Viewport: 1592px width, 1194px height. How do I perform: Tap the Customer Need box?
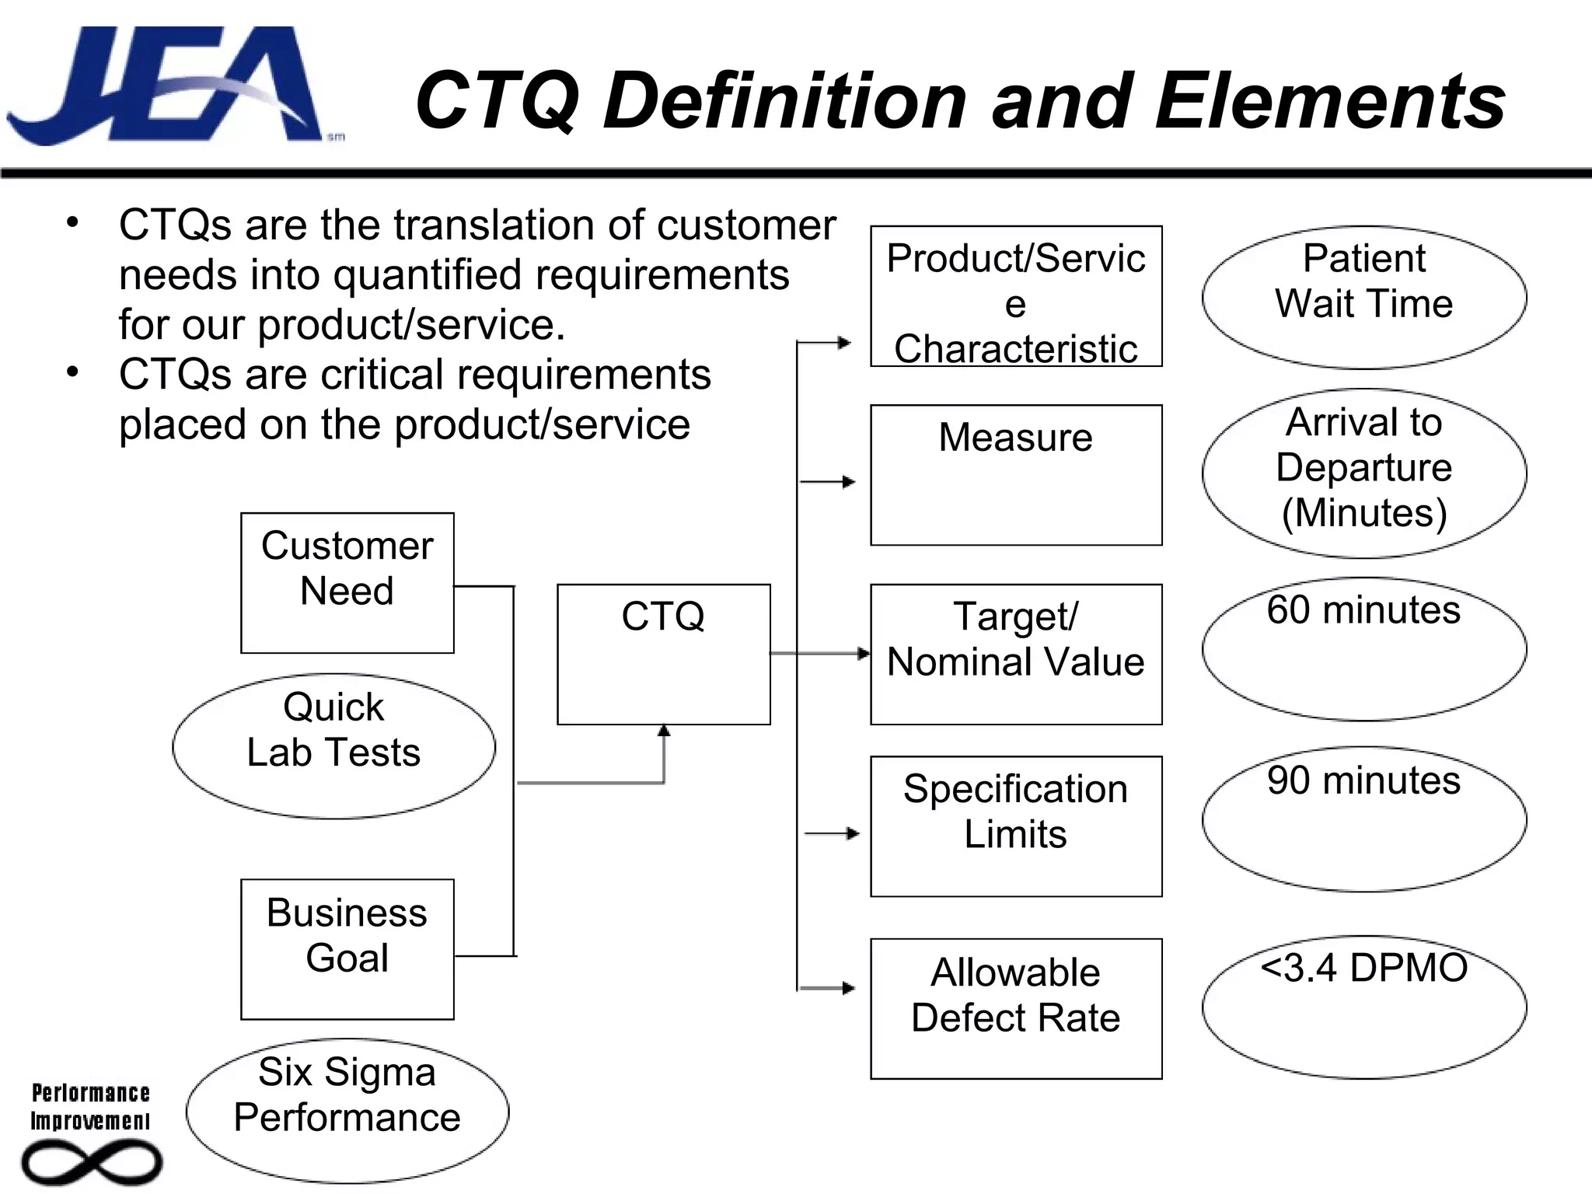tap(347, 582)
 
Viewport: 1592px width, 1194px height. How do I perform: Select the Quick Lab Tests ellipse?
tap(333, 745)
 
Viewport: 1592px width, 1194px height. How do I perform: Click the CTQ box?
tap(663, 654)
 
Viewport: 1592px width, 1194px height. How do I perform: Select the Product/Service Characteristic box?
tap(1015, 296)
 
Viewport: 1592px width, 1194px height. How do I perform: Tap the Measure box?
tap(1015, 474)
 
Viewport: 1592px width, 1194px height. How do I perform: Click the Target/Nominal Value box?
tap(1015, 654)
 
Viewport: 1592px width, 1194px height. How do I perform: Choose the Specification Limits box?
tap(1015, 826)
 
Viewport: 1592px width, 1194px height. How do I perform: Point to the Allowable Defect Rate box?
tap(1015, 1008)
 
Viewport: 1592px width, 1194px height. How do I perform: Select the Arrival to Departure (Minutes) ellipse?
tap(1363, 473)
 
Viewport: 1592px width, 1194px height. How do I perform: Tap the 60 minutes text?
tap(1363, 610)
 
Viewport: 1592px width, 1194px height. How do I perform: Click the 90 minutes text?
tap(1363, 780)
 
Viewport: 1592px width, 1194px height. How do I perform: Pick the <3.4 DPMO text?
tap(1363, 969)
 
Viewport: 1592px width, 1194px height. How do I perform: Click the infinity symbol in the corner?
tap(92, 1163)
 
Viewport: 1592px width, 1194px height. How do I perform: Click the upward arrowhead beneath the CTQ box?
tap(664, 731)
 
